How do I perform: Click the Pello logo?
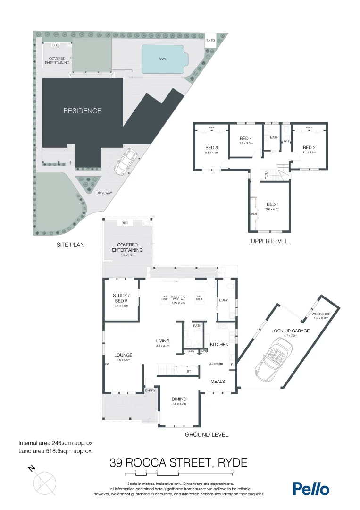pos(310,489)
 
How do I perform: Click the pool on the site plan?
pos(163,59)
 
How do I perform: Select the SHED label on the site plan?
pos(210,41)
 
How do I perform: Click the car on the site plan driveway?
pos(126,161)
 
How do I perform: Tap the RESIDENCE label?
pos(83,111)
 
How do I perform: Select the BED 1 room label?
pos(273,204)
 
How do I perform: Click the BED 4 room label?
pos(246,138)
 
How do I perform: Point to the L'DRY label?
pos(223,300)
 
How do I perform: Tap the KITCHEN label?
pos(219,344)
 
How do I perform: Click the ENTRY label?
pos(150,391)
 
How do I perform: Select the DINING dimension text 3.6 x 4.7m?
pos(179,404)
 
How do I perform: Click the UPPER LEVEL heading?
pos(269,241)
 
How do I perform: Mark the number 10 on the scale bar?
pos(233,472)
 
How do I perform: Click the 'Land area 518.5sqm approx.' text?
pos(55,451)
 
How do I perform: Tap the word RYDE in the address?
pos(232,462)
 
